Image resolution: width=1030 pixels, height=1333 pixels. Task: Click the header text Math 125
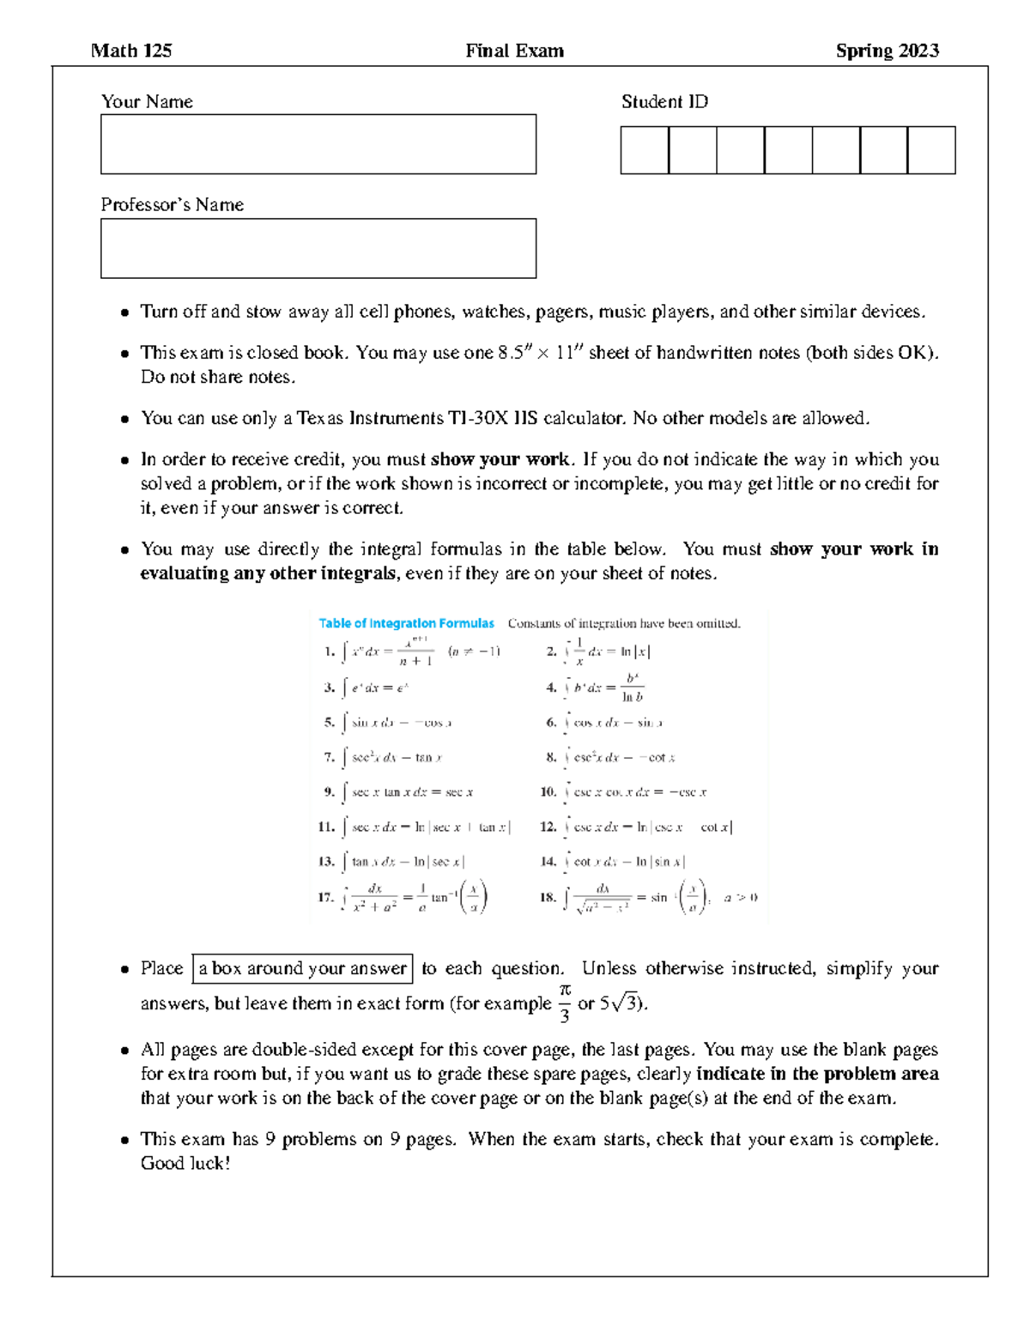tap(131, 51)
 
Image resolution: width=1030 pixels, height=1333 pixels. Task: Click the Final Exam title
tap(514, 51)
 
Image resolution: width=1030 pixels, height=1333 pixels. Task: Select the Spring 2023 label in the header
tap(887, 51)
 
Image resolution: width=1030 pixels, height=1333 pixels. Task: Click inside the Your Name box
tap(318, 144)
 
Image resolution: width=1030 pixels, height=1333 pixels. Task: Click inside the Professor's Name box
tap(318, 248)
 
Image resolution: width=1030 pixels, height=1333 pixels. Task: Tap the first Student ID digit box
tap(645, 150)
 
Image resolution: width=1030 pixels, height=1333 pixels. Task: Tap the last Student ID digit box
tap(931, 150)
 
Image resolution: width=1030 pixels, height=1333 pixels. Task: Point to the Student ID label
tap(664, 102)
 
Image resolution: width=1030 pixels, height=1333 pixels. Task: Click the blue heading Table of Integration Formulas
tap(406, 624)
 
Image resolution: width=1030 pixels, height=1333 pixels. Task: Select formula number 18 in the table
tap(648, 897)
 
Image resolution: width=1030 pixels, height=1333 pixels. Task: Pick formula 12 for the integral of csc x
tap(636, 827)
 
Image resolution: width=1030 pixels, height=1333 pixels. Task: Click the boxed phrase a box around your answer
tap(302, 968)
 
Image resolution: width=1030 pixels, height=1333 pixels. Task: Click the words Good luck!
tap(185, 1164)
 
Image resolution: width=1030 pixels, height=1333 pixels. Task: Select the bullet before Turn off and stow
tap(124, 312)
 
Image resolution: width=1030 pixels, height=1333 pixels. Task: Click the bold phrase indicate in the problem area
tap(817, 1074)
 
